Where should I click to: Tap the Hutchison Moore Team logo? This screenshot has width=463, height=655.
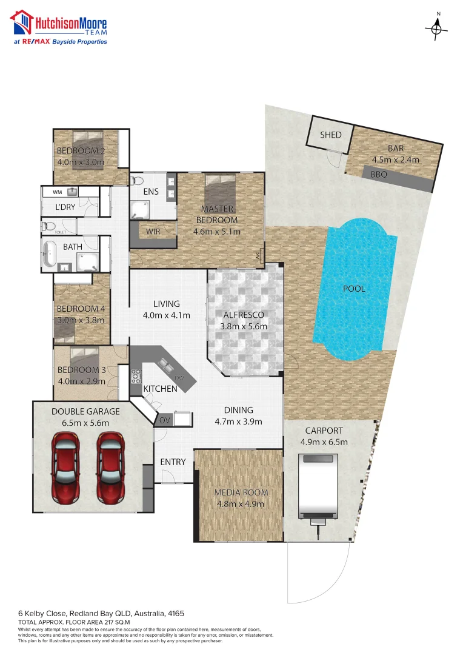point(59,27)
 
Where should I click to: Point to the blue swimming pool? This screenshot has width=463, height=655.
point(355,289)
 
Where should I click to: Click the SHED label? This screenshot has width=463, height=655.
point(331,135)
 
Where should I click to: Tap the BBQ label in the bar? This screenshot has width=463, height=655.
point(379,174)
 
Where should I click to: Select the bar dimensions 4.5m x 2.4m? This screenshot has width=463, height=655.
point(396,160)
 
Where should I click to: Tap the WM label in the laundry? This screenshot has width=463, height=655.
point(57,192)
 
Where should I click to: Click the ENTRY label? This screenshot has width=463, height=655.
point(173,462)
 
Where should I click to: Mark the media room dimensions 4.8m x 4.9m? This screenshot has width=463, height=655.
point(239,504)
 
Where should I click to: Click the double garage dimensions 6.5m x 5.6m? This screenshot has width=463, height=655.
point(85,423)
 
